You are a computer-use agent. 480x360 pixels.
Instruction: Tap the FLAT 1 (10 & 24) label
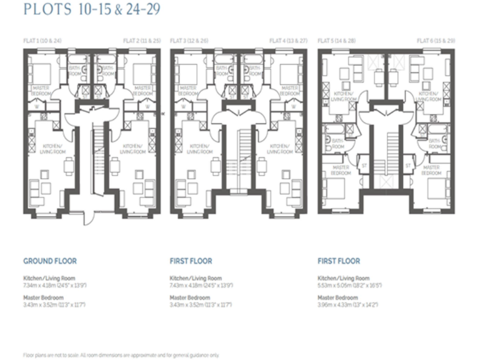(42, 41)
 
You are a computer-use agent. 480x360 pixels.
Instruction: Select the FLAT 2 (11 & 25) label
(139, 41)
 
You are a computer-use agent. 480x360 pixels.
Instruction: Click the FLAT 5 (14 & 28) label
(337, 41)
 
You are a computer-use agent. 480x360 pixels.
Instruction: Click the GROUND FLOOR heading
(50, 261)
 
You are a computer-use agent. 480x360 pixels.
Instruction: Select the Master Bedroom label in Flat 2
(144, 90)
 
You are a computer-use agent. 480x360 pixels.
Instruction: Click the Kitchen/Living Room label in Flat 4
(280, 148)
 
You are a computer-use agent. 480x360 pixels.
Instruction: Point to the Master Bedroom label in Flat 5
(340, 169)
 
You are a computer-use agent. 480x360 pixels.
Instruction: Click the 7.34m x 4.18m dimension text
(55, 284)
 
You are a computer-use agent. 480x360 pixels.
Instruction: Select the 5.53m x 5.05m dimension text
(349, 284)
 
